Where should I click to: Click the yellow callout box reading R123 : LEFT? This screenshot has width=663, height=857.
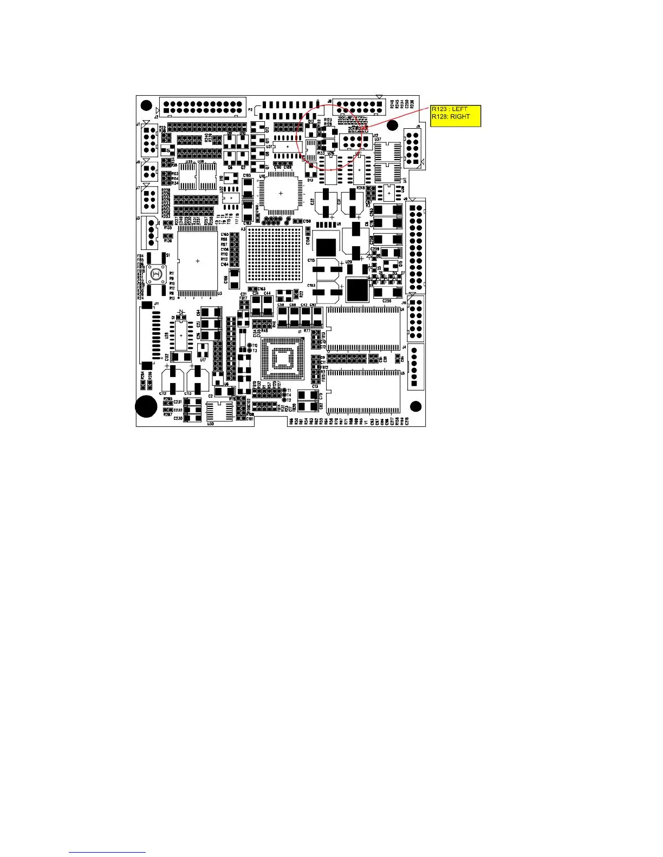click(456, 115)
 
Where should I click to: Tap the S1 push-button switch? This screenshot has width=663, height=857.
click(157, 274)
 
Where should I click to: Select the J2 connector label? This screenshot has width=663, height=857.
click(156, 116)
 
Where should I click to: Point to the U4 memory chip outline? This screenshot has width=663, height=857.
click(363, 329)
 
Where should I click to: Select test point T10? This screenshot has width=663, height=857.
click(250, 345)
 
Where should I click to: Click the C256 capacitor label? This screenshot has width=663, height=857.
click(387, 301)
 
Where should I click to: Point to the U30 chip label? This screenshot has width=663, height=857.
click(210, 424)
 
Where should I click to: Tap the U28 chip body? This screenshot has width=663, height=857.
click(181, 335)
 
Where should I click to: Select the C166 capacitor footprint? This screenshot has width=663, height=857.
click(234, 279)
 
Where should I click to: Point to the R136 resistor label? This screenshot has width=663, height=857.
click(168, 241)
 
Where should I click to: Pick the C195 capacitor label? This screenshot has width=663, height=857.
click(246, 175)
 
